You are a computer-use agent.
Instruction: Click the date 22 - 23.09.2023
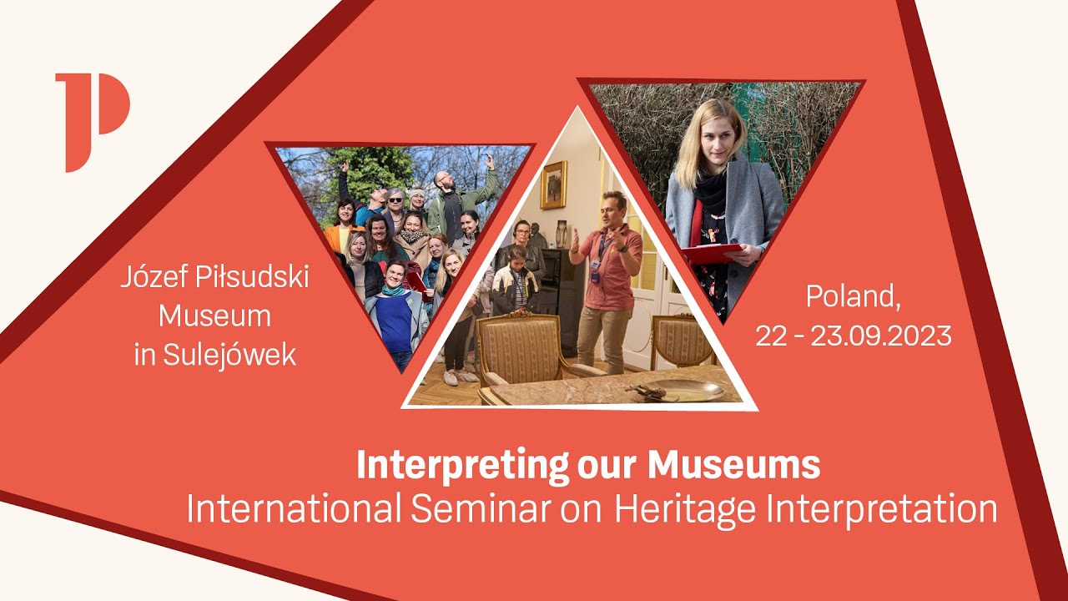click(x=854, y=336)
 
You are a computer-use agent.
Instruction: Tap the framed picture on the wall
click(x=553, y=184)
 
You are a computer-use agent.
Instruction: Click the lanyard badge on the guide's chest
click(x=596, y=267)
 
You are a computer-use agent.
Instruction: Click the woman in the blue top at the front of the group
click(x=395, y=313)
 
